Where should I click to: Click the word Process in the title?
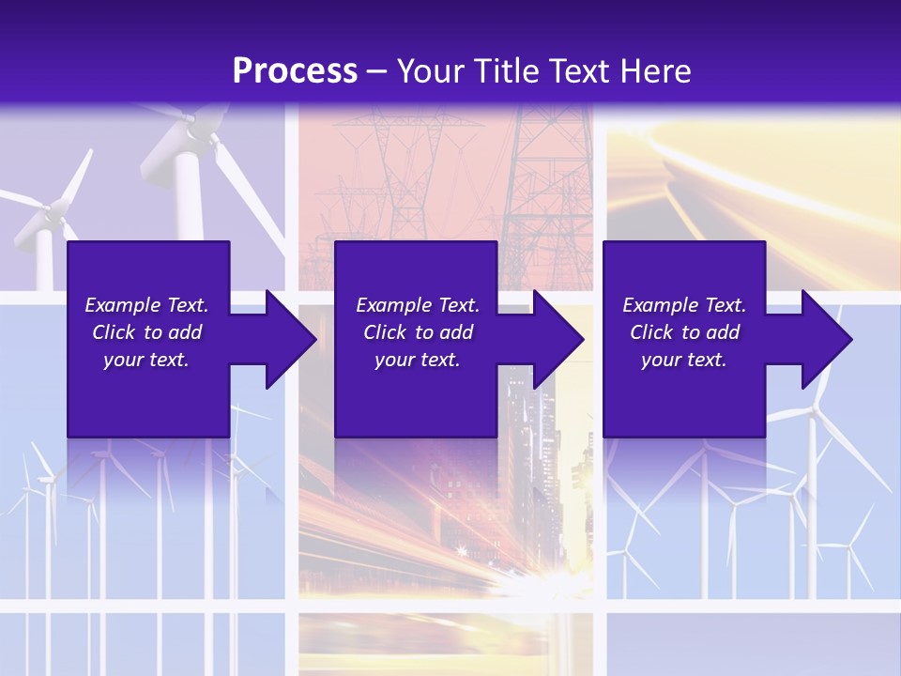click(295, 71)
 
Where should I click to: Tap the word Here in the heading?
click(653, 71)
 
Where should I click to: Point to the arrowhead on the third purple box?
click(826, 339)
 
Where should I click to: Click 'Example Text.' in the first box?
click(146, 305)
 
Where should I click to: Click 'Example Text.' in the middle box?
click(418, 305)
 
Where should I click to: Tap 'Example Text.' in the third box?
click(684, 305)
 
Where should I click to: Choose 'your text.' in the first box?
click(146, 360)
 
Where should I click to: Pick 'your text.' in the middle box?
click(418, 360)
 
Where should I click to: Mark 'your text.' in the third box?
click(684, 360)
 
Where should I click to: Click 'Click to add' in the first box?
click(146, 332)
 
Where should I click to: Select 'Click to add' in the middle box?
click(418, 332)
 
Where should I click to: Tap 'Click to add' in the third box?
click(684, 332)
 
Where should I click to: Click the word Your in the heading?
click(429, 71)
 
